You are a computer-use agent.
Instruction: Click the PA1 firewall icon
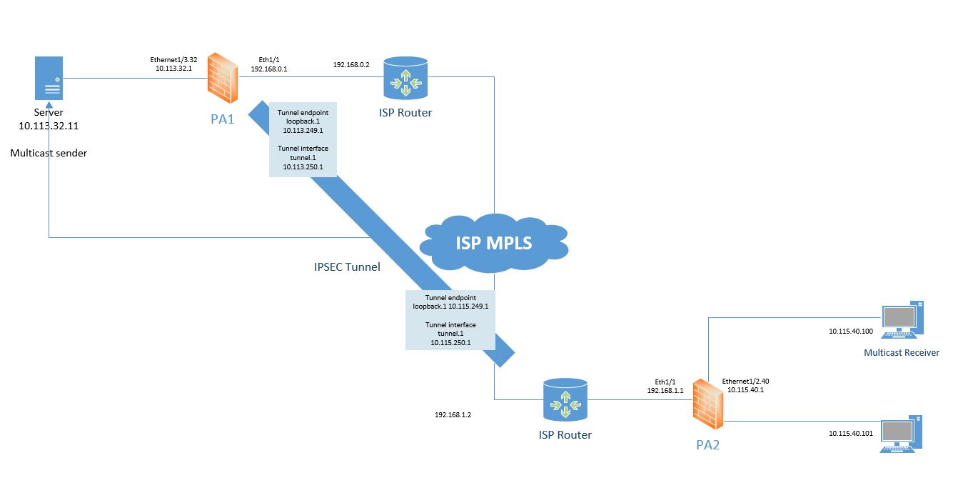click(x=223, y=78)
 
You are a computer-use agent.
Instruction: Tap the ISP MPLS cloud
click(x=494, y=243)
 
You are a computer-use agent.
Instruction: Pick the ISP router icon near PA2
click(x=565, y=399)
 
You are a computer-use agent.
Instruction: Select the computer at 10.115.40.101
click(x=902, y=434)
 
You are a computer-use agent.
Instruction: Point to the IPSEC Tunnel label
click(x=347, y=267)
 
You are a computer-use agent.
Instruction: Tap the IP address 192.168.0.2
click(x=351, y=65)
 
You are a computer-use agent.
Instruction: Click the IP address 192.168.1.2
click(x=453, y=414)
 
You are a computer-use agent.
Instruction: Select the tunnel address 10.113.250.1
click(x=303, y=166)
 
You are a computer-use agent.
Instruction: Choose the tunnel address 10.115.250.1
click(x=450, y=343)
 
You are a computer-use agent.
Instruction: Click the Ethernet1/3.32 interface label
click(x=171, y=60)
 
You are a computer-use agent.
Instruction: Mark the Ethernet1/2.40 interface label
click(x=745, y=382)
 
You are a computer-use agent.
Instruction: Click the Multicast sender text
click(x=49, y=153)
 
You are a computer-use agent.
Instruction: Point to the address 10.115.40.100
click(x=850, y=332)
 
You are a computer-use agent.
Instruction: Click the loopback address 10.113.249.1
click(x=303, y=131)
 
